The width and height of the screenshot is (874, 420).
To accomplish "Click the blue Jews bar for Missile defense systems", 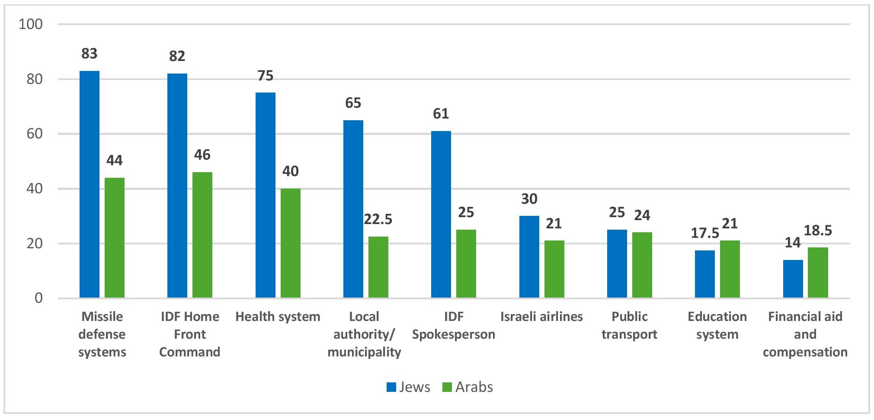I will [x=90, y=184].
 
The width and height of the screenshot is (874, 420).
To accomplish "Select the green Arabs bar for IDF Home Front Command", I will [x=202, y=235].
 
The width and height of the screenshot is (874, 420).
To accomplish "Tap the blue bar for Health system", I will [x=265, y=195].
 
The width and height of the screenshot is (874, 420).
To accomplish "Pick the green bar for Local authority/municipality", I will [x=378, y=267].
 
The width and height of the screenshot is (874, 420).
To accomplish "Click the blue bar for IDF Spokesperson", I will [x=441, y=214].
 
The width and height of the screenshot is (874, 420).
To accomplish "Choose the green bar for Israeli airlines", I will [x=554, y=269].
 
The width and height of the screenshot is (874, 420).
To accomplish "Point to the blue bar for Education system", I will [x=705, y=274].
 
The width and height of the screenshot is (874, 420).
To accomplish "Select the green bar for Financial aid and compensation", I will [x=818, y=273].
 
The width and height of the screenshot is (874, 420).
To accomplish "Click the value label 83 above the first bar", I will [x=90, y=54].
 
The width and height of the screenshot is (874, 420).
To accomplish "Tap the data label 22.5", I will [x=378, y=219].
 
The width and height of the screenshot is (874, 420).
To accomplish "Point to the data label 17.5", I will [x=705, y=233].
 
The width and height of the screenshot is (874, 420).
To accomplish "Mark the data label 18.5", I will [x=818, y=231].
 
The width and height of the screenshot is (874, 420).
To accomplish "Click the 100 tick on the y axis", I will [x=31, y=24].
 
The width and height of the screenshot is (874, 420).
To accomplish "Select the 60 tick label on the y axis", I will [x=35, y=134].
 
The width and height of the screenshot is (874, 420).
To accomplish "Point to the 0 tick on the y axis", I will [x=38, y=298].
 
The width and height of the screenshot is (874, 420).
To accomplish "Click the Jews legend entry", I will [x=409, y=387].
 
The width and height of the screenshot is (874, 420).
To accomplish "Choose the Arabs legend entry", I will [x=468, y=387].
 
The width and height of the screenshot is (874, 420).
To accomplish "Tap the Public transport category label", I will [x=629, y=325].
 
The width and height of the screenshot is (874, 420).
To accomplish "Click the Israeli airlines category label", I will [x=541, y=317].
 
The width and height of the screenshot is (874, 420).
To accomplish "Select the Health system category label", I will [x=278, y=317].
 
